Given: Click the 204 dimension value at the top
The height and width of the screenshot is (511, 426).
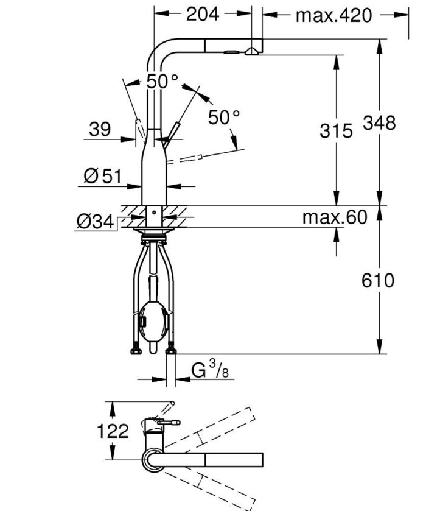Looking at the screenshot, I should click(202, 14).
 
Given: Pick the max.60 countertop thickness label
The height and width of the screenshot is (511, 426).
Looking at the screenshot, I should click(335, 217).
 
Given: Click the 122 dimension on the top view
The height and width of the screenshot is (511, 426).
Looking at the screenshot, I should click(113, 431).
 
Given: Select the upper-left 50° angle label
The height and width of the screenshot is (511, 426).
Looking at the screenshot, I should click(162, 82).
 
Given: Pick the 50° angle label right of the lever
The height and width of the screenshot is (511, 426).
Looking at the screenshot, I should click(224, 118).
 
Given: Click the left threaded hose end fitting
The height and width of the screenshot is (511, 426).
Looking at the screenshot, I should click(134, 350).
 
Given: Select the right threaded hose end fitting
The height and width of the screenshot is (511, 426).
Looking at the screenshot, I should click(171, 350).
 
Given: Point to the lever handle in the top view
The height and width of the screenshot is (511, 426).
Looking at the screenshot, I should click(166, 422).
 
